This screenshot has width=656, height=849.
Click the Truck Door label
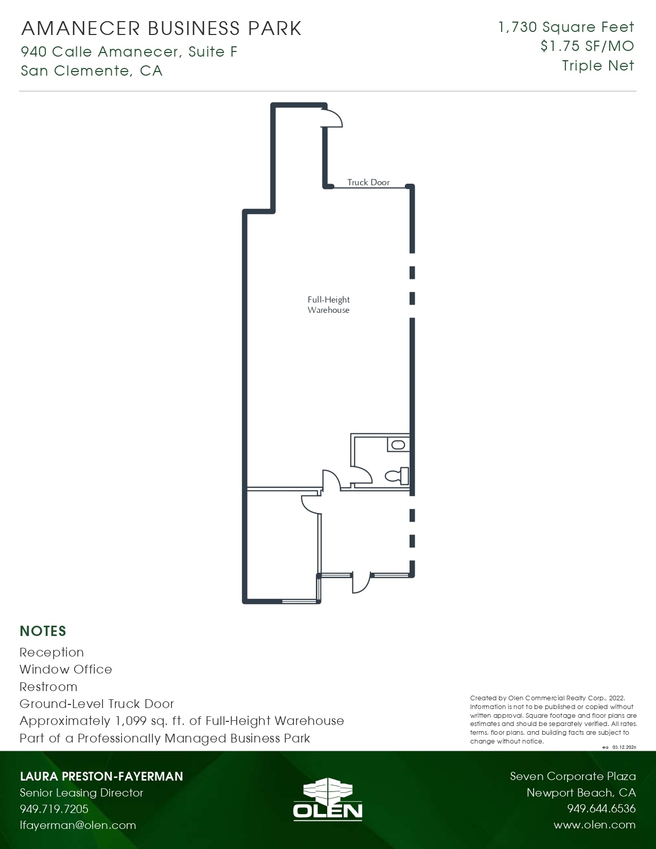(x=368, y=182)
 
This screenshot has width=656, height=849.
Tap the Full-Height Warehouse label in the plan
(x=328, y=305)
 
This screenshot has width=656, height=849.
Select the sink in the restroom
(x=398, y=445)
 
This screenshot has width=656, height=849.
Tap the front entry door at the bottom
(x=361, y=583)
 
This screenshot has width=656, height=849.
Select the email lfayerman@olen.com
(x=78, y=825)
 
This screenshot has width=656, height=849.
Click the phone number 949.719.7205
(x=54, y=808)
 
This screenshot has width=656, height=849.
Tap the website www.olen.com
(x=594, y=825)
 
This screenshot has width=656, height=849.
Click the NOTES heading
(x=43, y=631)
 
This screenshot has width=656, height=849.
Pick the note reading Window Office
(x=66, y=669)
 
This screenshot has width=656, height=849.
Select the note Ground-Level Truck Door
(x=97, y=704)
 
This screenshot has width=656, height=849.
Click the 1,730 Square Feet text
(x=566, y=27)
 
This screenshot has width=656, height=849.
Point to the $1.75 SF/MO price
(x=587, y=46)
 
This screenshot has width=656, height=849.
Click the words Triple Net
(x=598, y=66)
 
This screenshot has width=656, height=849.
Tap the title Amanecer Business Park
(x=162, y=28)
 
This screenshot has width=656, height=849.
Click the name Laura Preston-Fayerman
(x=101, y=776)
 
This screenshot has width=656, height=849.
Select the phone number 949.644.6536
(x=601, y=808)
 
